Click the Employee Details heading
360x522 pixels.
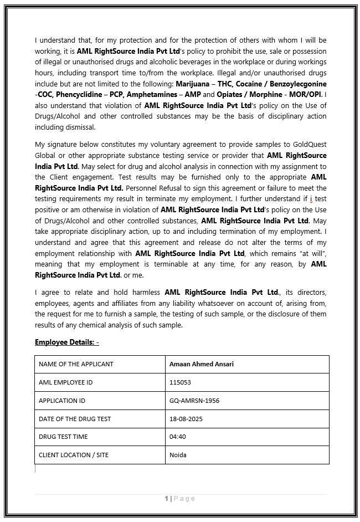[x=66, y=342]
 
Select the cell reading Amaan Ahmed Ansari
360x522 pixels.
[x=201, y=364]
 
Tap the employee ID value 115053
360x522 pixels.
[x=180, y=382]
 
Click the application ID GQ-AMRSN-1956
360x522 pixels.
[x=194, y=401]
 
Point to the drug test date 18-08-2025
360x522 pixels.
[x=186, y=419]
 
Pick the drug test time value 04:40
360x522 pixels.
[x=178, y=437]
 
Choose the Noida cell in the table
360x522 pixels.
[x=178, y=455]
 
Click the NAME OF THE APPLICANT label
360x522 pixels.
[x=76, y=364]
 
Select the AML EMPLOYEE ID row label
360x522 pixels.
[x=65, y=382]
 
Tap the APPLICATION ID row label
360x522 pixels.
[x=62, y=401]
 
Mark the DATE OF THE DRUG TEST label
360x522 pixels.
[x=75, y=419]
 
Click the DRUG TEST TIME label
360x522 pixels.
[x=63, y=437]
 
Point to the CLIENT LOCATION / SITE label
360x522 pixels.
[x=74, y=455]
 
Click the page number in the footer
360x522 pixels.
[x=166, y=499]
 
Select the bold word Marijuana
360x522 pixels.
[x=194, y=84]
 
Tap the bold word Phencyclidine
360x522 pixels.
[x=78, y=94]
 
